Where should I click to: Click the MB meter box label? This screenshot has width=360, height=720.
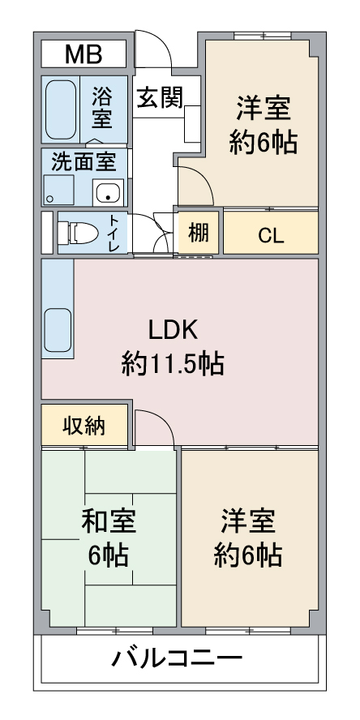[x=84, y=54]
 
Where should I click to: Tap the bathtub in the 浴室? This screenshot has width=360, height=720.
[x=61, y=110]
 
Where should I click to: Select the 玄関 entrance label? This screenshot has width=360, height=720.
[x=161, y=97]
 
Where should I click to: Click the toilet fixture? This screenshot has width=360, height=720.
[x=78, y=233]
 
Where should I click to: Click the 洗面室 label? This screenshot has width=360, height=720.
[x=84, y=161]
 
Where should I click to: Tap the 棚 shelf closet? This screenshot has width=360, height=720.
[x=199, y=233]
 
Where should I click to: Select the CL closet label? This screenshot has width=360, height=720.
[x=271, y=236]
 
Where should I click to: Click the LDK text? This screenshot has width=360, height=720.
[x=173, y=330]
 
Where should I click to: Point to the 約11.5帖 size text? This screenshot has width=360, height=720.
[x=173, y=365]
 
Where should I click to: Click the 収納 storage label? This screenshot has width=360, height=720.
[x=84, y=426]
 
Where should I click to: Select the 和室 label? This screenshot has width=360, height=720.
[x=109, y=521]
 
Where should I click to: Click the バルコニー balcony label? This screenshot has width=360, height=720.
[x=178, y=659]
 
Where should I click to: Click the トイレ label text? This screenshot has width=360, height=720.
[x=114, y=233]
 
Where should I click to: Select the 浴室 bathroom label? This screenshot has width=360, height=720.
[x=101, y=108]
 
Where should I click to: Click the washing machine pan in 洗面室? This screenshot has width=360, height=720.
[x=58, y=190]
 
